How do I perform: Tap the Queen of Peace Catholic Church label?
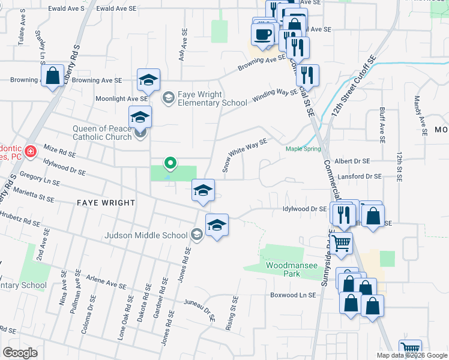click(x=102, y=133)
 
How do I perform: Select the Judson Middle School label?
click(x=146, y=235)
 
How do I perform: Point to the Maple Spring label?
click(x=303, y=149)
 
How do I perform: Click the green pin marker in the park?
click(x=170, y=163)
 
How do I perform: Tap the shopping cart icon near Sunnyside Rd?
click(x=341, y=243)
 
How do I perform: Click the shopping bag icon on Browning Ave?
click(x=53, y=77)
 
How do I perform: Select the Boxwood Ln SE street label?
click(x=293, y=295)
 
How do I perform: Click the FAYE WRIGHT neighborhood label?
click(x=106, y=203)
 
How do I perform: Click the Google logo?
click(x=20, y=353)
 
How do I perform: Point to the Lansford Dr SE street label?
click(x=359, y=176)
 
